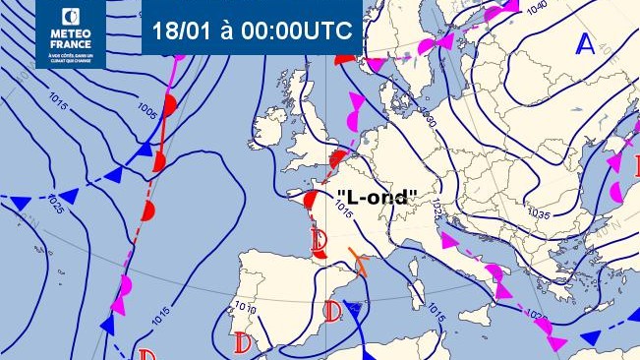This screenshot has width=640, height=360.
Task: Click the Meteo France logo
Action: coord(71,33)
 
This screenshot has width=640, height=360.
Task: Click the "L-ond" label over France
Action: coord(378,197)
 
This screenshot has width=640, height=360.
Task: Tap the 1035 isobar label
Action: coord(538,212)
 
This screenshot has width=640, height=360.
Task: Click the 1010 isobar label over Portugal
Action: coord(245,309)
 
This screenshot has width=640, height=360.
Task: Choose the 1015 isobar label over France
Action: coord(343,209)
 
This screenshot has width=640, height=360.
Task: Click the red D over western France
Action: coord(318,239)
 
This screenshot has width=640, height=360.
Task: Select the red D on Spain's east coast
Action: coord(332,313)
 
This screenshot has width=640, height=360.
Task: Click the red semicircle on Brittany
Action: coord(310,201)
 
